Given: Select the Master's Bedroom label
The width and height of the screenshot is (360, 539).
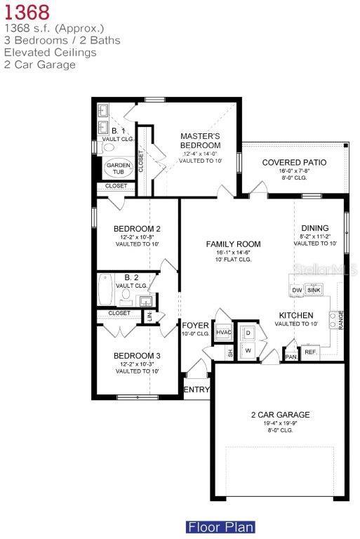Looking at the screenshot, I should [200, 140].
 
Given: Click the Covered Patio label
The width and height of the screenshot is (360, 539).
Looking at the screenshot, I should [295, 163].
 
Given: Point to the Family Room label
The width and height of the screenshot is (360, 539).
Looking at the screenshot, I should [233, 244].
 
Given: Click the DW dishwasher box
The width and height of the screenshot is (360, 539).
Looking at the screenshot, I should [297, 290].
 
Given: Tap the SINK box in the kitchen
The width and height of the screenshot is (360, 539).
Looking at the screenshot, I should [314, 290].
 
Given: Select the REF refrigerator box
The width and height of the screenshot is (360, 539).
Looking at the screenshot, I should [310, 352].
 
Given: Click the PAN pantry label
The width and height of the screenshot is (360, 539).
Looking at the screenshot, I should [291, 357].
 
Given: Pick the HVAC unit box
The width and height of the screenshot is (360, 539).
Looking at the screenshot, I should [223, 332].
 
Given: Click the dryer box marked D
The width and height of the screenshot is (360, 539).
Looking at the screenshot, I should [248, 332].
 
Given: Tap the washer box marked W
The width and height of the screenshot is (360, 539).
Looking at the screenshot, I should [248, 349].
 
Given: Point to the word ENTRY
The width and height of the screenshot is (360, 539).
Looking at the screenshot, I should [196, 390].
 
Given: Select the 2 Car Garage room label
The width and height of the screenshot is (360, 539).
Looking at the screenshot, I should [280, 415].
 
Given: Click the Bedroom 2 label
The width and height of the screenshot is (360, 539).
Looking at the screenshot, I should [137, 229].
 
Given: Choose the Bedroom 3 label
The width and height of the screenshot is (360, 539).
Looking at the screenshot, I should [137, 356].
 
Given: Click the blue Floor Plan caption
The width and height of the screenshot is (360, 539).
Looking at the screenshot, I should [220, 526].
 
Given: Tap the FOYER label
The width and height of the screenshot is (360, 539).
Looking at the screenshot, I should [196, 325].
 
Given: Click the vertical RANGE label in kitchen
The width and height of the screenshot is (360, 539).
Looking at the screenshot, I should [341, 319].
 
